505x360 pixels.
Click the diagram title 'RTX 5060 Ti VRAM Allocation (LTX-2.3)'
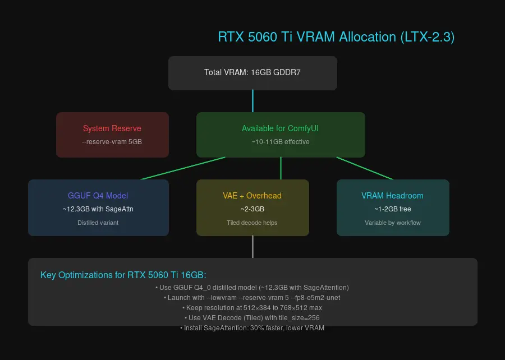point(336,37)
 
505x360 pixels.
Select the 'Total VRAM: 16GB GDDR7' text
point(252,72)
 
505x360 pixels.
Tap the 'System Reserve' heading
point(112,128)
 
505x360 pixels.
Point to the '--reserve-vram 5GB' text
point(112,142)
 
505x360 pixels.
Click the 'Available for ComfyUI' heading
point(281,128)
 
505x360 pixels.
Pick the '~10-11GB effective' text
point(281,142)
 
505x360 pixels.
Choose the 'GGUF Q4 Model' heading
point(98,196)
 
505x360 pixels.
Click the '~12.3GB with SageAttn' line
point(98,209)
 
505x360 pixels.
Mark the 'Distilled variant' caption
point(98,223)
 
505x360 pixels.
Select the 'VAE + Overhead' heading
point(252,196)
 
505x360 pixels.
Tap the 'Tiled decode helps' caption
point(252,223)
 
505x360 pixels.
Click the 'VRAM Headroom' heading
point(393,196)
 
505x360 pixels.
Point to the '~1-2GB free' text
point(393,209)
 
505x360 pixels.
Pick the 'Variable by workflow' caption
point(393,223)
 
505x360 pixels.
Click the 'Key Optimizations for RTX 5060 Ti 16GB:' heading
point(123,275)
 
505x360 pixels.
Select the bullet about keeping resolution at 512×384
point(252,308)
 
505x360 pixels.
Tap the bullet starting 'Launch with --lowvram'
point(252,298)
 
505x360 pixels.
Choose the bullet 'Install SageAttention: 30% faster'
point(252,328)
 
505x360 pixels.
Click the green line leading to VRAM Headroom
point(365,168)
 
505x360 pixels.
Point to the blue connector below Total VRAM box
point(252,101)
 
